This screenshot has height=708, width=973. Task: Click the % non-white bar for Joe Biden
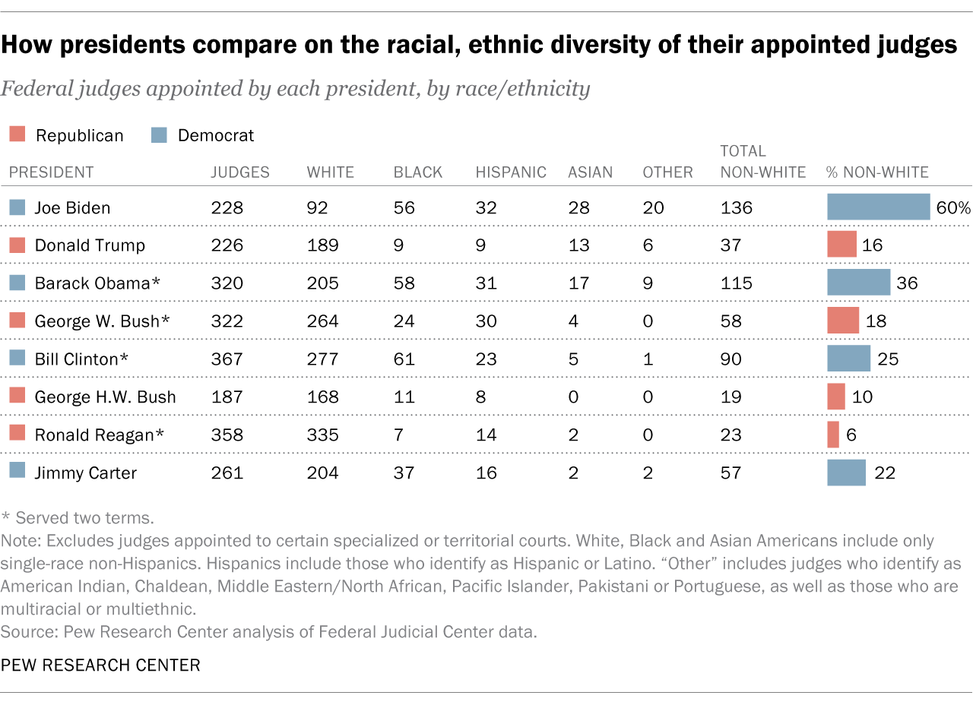coord(878,207)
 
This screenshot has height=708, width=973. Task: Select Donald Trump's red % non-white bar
coord(841,245)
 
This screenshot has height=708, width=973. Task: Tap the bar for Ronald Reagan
coord(833,435)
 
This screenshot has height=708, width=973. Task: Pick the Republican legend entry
coord(66,135)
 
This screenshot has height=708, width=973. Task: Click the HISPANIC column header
coord(511,172)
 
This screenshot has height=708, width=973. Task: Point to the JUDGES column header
coord(239,172)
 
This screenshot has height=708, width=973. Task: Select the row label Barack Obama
coord(97,283)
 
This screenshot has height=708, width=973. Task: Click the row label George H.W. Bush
coord(105,397)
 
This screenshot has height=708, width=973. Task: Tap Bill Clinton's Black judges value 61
coord(404,359)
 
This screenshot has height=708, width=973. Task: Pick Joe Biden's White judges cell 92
coord(319,207)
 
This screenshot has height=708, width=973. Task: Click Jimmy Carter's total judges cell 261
coord(227,473)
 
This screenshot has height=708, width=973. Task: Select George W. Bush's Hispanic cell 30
coord(486,321)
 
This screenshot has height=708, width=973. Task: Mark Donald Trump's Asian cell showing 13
coord(578,245)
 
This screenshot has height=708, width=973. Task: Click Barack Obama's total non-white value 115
coord(736,283)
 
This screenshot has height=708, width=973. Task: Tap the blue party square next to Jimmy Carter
coord(16,473)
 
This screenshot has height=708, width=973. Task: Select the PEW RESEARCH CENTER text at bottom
coord(100,665)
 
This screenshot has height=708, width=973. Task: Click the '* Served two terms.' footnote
coord(78,518)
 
